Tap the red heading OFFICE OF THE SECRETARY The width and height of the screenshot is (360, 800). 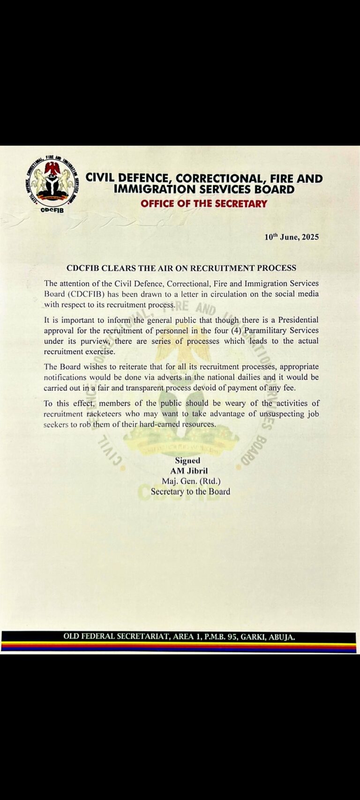pos(203,204)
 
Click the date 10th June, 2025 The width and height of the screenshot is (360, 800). pos(292,237)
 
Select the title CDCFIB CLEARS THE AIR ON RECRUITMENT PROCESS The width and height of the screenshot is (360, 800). pos(181,268)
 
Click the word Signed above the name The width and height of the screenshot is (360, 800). pos(187,460)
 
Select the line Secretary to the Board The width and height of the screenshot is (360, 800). pos(190,491)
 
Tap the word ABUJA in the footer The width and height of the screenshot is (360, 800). pos(281,637)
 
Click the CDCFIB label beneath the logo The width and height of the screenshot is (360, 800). pos(52,210)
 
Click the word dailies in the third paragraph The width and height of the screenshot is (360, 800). pos(239,377)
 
